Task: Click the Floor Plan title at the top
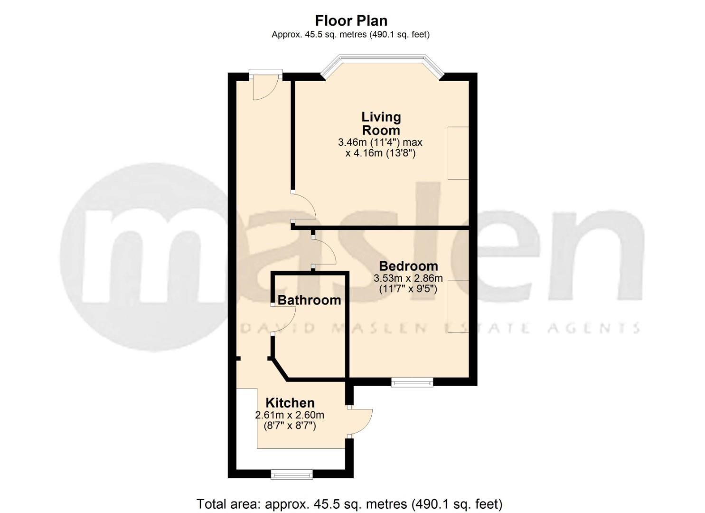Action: (x=351, y=20)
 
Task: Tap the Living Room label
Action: (x=381, y=123)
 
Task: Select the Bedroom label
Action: (x=408, y=266)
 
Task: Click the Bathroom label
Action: (x=309, y=300)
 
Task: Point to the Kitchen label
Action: (x=290, y=403)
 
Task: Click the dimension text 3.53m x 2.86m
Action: (x=408, y=278)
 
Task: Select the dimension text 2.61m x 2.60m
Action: (x=290, y=415)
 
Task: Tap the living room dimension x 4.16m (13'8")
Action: (x=381, y=153)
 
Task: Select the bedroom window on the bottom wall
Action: (x=412, y=382)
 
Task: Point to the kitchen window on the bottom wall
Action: (x=291, y=474)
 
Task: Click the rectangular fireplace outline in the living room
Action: (x=458, y=153)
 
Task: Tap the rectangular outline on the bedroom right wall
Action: (x=458, y=306)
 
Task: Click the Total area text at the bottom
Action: (x=349, y=503)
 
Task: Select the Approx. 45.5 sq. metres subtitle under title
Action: (x=350, y=35)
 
